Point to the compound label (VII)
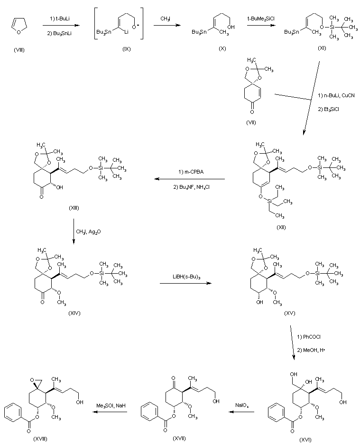[x=252, y=122]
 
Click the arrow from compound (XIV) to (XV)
[x=185, y=284]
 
